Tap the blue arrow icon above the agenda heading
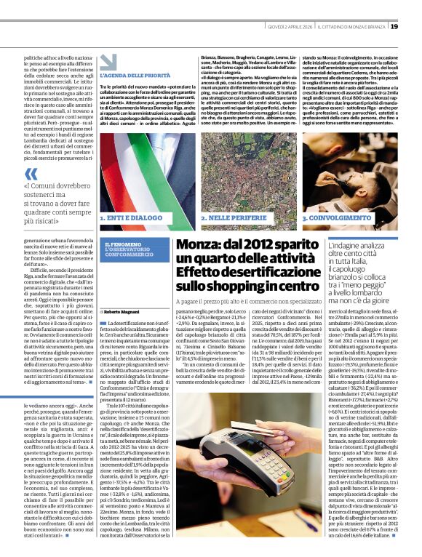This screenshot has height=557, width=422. pyautogui.click(x=108, y=62)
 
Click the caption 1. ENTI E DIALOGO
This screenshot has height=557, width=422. pyautogui.click(x=132, y=217)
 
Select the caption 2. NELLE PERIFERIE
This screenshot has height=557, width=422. pyautogui.click(x=232, y=217)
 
